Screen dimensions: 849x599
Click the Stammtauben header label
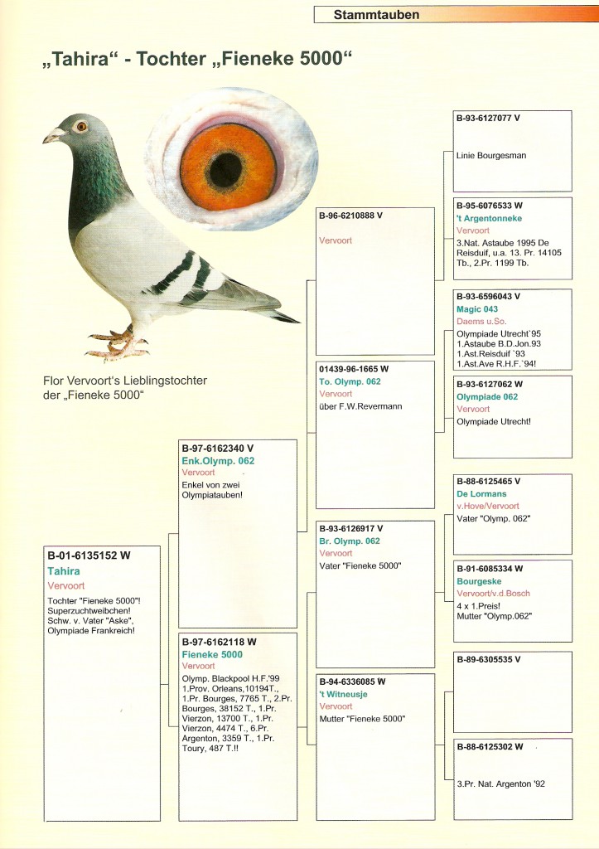376,15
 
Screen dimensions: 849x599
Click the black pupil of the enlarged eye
225,169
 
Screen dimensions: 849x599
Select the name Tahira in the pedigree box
64,571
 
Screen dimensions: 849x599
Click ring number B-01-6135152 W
89,555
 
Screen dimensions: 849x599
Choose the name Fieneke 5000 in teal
212,654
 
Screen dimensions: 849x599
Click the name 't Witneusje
343,694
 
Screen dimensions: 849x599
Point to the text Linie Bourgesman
491,155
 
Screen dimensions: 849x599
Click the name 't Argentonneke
489,218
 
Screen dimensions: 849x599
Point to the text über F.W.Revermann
357,406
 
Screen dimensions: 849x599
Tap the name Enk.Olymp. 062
218,461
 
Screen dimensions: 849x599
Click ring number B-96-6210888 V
350,216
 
